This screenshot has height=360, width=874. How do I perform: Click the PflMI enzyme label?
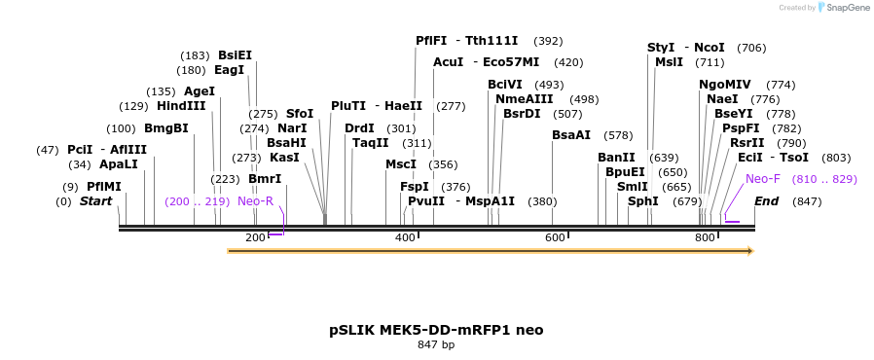pyautogui.click(x=104, y=187)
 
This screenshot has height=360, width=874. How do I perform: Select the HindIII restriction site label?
pyautogui.click(x=181, y=106)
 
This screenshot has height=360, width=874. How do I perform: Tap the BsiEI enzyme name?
pyautogui.click(x=235, y=55)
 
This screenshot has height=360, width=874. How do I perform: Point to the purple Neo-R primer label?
pyautogui.click(x=255, y=201)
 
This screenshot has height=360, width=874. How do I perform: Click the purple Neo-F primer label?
pyautogui.click(x=763, y=179)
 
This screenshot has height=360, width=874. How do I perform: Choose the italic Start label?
pyautogui.click(x=95, y=201)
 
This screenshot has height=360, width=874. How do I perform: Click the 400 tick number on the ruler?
pyautogui.click(x=405, y=238)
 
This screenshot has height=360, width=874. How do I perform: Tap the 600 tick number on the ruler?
pyautogui.click(x=555, y=238)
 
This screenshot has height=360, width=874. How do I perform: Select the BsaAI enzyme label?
pyautogui.click(x=571, y=135)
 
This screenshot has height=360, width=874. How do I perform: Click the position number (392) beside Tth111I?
pyautogui.click(x=548, y=41)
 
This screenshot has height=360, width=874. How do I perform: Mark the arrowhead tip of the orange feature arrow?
pyautogui.click(x=752, y=251)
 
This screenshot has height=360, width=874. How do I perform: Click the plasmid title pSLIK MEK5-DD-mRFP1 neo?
pyautogui.click(x=436, y=330)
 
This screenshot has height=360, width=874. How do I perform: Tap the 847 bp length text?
pyautogui.click(x=436, y=344)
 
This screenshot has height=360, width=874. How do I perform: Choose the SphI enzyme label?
pyautogui.click(x=642, y=201)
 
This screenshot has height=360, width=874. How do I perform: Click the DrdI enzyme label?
pyautogui.click(x=359, y=128)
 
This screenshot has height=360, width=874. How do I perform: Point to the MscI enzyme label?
pyautogui.click(x=400, y=164)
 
